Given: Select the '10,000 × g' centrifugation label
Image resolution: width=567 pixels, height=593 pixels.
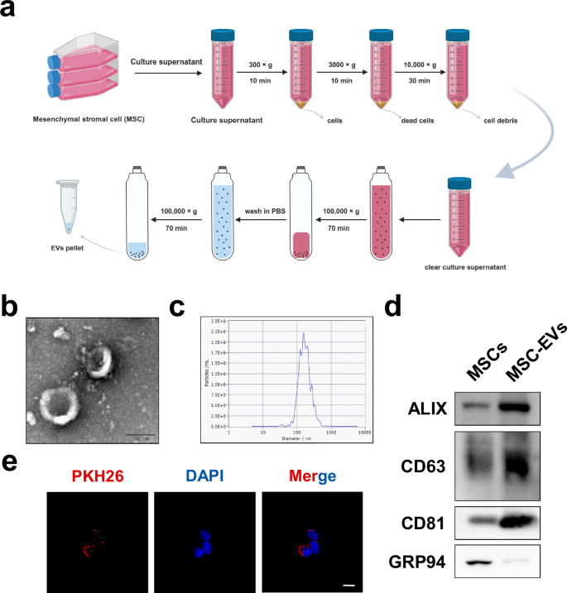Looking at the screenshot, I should pos(416,63).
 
